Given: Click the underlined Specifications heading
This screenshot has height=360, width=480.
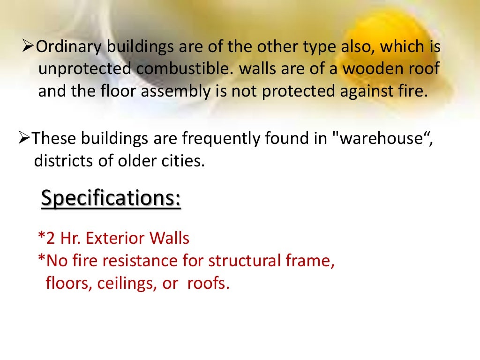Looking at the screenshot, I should pos(111,198).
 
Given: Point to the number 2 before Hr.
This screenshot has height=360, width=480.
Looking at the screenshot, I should pos(49,238).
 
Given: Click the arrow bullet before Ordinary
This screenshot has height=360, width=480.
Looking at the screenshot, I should pos(27,47).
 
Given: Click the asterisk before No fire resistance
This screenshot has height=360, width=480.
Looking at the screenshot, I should pos(41,259).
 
